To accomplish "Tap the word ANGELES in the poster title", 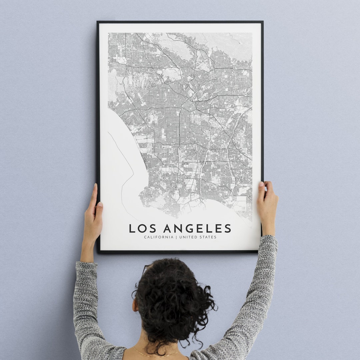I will tap(197, 228).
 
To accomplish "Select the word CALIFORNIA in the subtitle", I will tap(159, 237).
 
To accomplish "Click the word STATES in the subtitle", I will tap(207, 237).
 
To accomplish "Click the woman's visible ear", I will tap(135, 305).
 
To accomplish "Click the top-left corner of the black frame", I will tap(98, 22).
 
